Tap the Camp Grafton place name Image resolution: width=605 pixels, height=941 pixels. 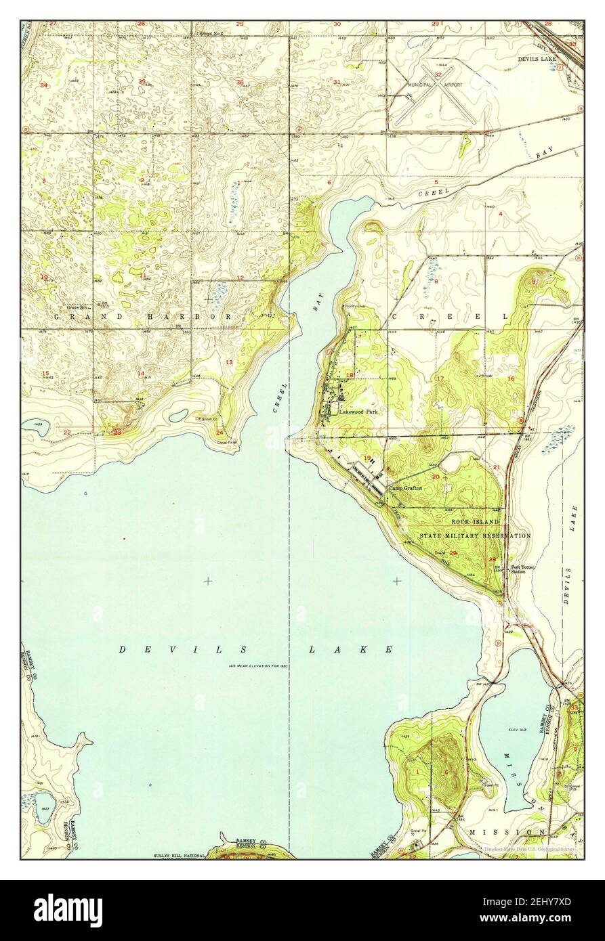pos(405,487)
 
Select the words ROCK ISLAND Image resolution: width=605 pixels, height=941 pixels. pos(476,522)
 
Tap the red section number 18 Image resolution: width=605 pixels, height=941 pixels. pos(350,375)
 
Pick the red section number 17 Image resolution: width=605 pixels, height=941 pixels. pos(440,378)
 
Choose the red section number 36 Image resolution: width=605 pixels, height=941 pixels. pos(240,82)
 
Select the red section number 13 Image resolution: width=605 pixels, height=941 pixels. pos(229,363)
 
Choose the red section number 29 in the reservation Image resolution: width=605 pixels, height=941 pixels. pos(453,553)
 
